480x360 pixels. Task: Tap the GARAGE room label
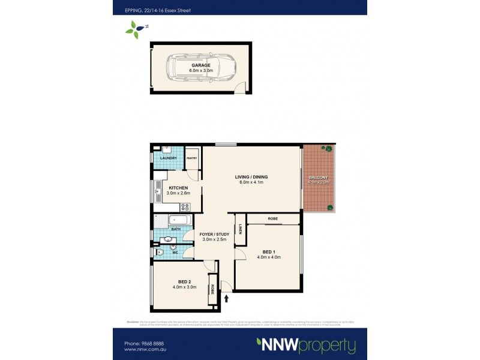click(x=201, y=65)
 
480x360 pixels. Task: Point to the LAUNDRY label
click(x=167, y=158)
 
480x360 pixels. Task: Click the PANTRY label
click(x=192, y=158)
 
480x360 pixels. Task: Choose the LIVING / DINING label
click(x=251, y=177)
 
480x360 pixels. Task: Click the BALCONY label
click(x=319, y=178)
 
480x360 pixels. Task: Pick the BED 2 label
click(x=184, y=281)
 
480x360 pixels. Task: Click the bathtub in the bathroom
click(x=178, y=220)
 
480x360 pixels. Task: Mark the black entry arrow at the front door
click(x=226, y=297)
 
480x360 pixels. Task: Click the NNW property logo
click(x=306, y=346)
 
